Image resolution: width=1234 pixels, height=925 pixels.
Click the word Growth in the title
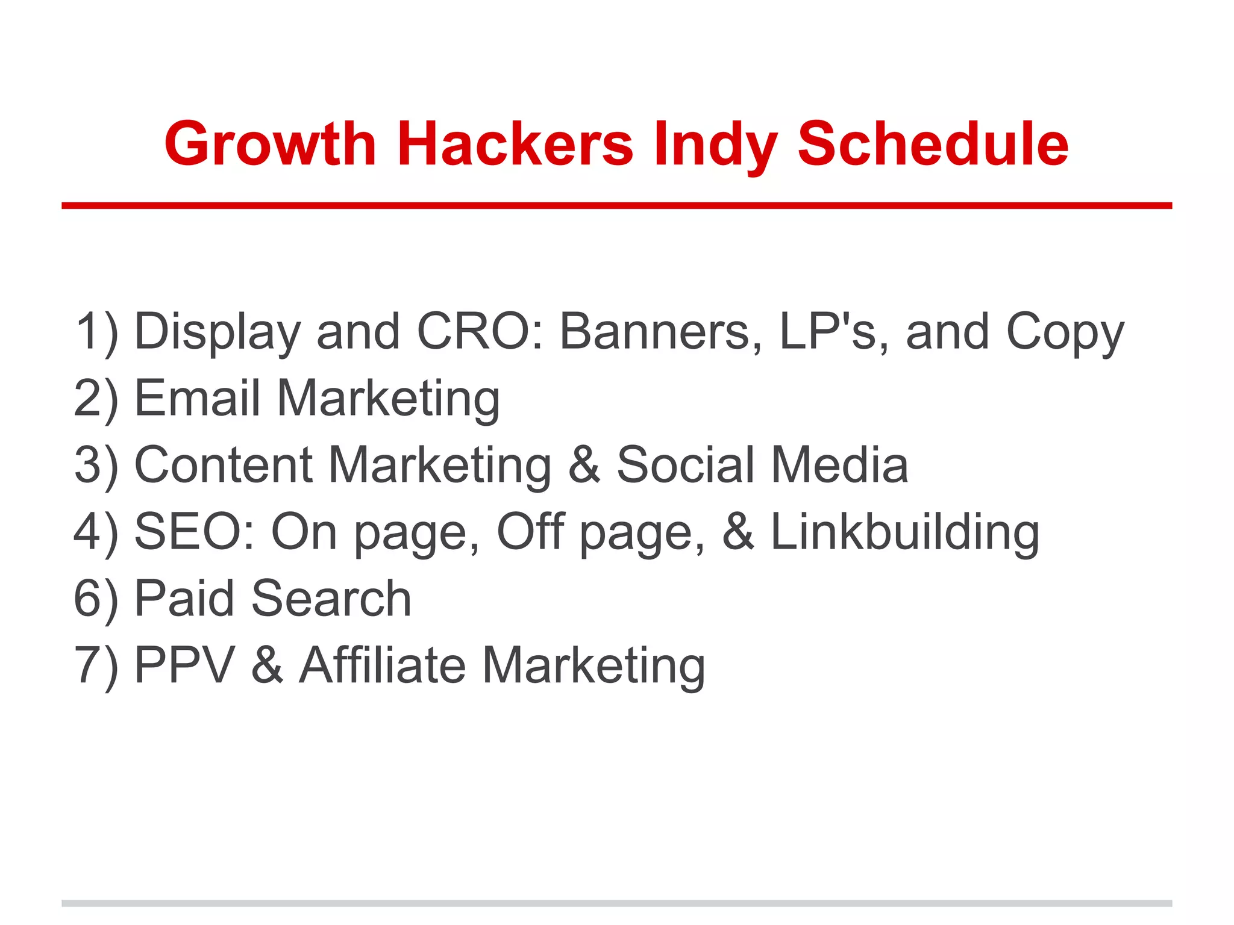(271, 145)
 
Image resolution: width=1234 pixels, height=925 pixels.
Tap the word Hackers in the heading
(515, 145)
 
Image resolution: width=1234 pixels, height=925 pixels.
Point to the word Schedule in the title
(933, 145)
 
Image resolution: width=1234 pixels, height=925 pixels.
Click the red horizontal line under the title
(616, 206)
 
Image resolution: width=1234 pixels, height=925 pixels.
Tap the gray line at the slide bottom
(616, 903)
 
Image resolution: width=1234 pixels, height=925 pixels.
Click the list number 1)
(96, 332)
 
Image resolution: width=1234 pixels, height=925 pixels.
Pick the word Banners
(660, 332)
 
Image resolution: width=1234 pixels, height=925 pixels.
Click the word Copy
(1065, 333)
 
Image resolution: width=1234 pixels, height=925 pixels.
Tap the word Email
(198, 398)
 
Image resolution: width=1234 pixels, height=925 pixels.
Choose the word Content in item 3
(224, 465)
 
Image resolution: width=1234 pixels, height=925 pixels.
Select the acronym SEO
(187, 532)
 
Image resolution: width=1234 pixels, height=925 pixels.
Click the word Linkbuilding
(904, 533)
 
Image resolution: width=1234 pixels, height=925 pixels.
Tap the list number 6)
(96, 599)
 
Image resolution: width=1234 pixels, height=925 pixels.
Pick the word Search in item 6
(331, 599)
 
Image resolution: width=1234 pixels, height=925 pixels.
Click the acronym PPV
(184, 665)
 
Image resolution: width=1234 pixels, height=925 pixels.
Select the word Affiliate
(383, 665)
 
